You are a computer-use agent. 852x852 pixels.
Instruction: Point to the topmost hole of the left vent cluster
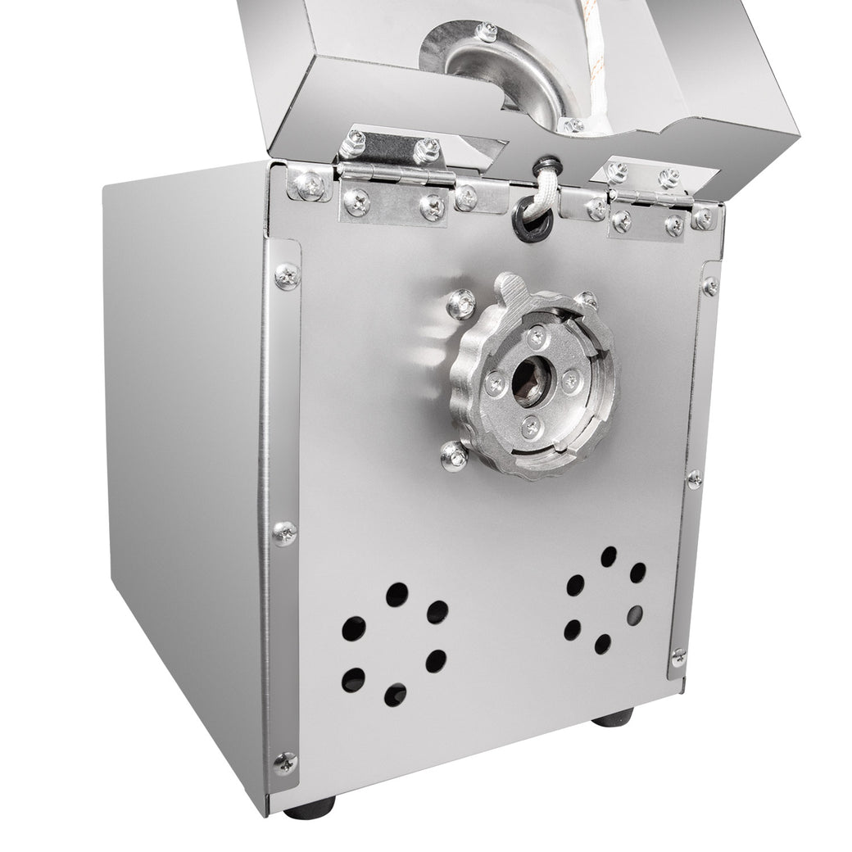(x=397, y=595)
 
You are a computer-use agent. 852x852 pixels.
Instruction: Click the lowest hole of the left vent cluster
(x=396, y=695)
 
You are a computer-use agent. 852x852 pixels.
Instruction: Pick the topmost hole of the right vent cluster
(x=609, y=557)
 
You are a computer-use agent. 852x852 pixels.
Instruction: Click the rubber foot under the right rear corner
(x=614, y=718)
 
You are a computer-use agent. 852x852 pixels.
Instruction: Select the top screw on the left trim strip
(x=286, y=275)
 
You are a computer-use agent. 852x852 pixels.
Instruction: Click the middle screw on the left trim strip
(x=284, y=533)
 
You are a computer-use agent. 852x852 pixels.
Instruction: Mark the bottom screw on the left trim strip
(x=284, y=762)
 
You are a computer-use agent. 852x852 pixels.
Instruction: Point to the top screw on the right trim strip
(x=709, y=286)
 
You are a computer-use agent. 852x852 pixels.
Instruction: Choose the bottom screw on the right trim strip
(x=678, y=657)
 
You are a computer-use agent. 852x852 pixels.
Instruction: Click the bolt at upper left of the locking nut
(x=460, y=305)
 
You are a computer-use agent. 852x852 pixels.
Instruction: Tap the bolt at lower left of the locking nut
(x=453, y=455)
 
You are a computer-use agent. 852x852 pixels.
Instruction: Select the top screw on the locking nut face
(x=536, y=335)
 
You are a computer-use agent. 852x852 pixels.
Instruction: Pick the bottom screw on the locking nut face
(x=531, y=424)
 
